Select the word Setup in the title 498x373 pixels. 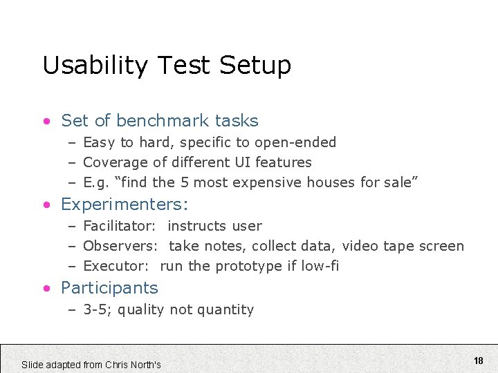[255, 66]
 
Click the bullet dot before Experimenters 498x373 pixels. [46, 205]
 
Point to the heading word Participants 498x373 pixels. [109, 288]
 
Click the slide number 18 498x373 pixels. [479, 361]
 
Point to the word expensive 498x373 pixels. [262, 182]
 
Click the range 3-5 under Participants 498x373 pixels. [98, 309]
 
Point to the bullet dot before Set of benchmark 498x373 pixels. [46, 122]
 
